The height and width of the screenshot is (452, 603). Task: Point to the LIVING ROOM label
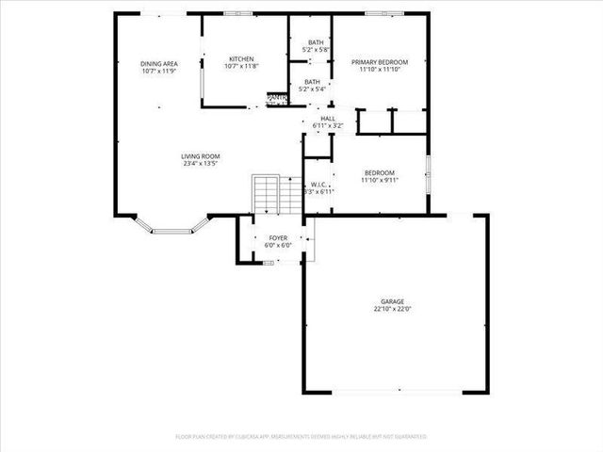tap(201, 155)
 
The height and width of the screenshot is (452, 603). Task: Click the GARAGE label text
tap(393, 301)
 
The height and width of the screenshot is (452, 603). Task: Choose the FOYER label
tap(278, 238)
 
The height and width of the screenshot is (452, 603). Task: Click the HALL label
tap(328, 118)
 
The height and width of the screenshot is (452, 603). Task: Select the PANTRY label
tap(277, 97)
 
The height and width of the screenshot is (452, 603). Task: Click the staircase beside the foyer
tap(265, 195)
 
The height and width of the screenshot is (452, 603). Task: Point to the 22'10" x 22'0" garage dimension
tap(393, 309)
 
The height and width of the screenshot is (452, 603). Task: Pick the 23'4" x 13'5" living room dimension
tap(201, 163)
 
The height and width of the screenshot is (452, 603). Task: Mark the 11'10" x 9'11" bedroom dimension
tap(379, 179)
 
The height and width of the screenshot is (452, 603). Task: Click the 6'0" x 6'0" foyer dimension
tap(278, 246)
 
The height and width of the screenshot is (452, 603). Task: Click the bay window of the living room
tap(179, 226)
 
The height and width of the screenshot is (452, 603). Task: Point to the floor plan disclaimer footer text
tap(301, 437)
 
